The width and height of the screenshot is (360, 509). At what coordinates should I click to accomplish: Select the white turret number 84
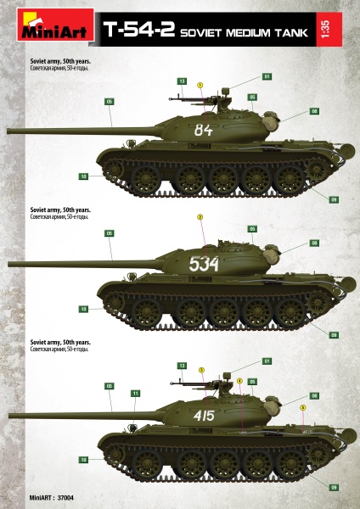(203, 130)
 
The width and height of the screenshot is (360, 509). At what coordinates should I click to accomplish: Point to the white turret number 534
(204, 264)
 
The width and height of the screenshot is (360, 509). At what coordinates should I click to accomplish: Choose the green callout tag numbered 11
(135, 394)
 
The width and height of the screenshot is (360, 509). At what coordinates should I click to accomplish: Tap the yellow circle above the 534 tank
(200, 216)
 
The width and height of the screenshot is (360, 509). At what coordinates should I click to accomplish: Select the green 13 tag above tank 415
(182, 365)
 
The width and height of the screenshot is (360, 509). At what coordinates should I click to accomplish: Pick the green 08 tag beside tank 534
(313, 243)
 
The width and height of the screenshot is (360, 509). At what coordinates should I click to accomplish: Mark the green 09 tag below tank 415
(334, 487)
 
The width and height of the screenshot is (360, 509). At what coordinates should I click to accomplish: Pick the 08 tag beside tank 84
(313, 111)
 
